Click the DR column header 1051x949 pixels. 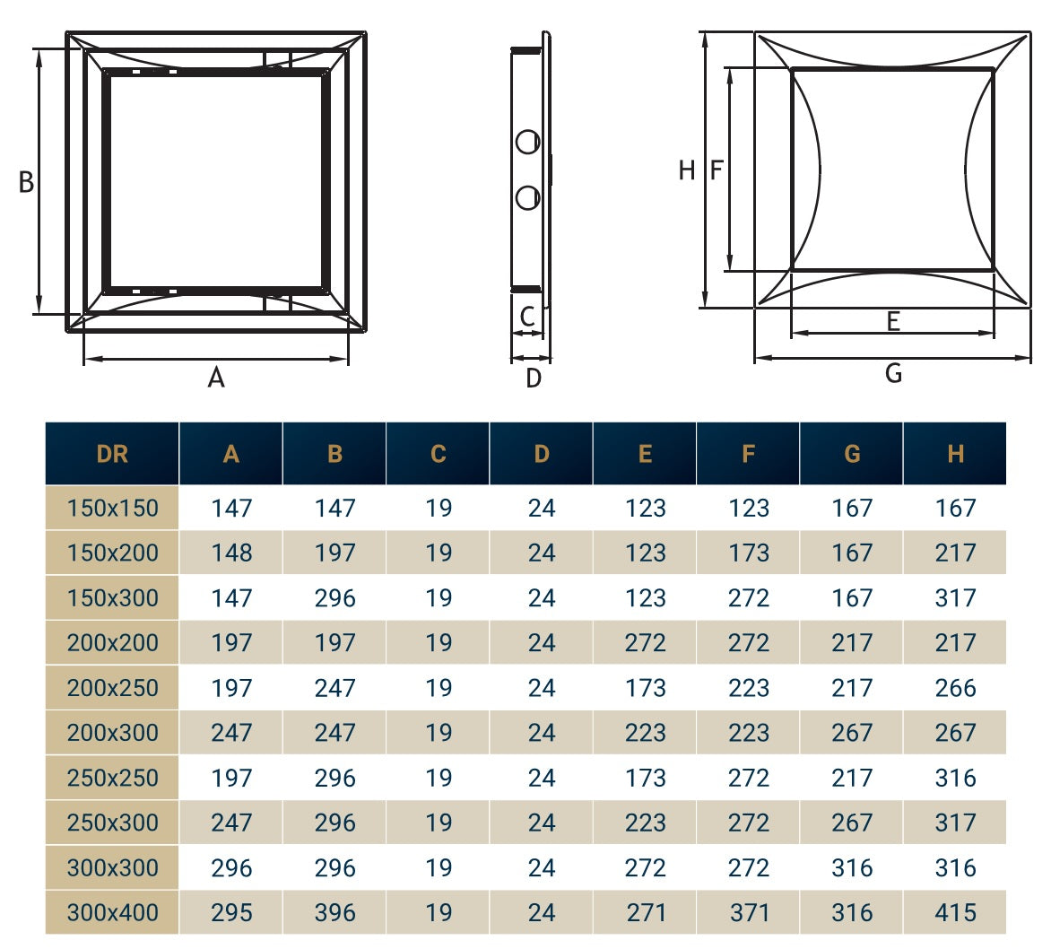tap(112, 454)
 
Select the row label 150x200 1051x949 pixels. tap(112, 553)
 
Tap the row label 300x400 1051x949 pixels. tap(112, 912)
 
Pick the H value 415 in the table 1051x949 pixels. tap(955, 912)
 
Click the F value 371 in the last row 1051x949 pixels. tap(749, 912)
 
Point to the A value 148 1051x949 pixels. tap(231, 553)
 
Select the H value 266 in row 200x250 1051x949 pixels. tap(955, 688)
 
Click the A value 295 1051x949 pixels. tap(231, 912)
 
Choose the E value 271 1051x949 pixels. tap(646, 912)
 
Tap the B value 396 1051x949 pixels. tap(334, 912)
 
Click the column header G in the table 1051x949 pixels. tap(852, 454)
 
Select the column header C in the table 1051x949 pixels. tap(438, 454)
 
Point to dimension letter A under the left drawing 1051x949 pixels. tap(216, 379)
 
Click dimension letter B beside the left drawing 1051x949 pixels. tap(26, 183)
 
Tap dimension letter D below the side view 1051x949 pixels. tap(534, 379)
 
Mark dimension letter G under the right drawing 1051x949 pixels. tap(893, 373)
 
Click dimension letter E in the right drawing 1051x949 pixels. tap(893, 321)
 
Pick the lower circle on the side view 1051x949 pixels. tap(528, 197)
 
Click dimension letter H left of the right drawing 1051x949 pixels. tap(687, 170)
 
